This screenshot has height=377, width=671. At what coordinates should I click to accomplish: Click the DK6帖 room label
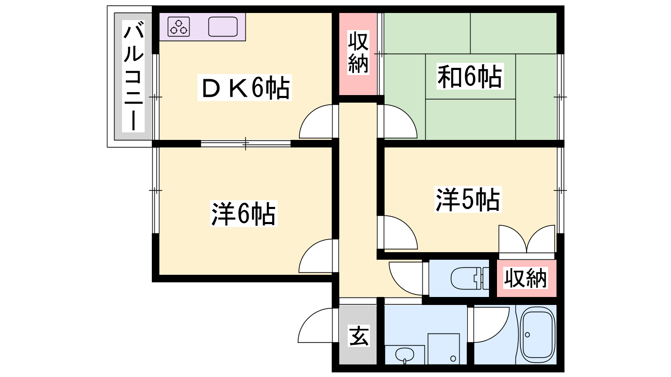click(x=245, y=88)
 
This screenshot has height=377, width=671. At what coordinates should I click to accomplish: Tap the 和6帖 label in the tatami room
click(x=470, y=76)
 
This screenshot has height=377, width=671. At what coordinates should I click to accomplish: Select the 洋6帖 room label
click(x=243, y=214)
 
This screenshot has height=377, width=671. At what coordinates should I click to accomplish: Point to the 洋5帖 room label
click(x=468, y=199)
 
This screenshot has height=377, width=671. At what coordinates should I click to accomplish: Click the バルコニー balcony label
click(x=133, y=76)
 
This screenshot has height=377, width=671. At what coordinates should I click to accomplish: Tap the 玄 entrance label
click(x=359, y=336)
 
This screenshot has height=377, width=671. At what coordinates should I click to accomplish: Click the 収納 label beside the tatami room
click(x=358, y=53)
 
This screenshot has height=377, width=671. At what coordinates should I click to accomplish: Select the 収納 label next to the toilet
click(x=525, y=278)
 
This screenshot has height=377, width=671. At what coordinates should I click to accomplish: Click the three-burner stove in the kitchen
click(x=179, y=27)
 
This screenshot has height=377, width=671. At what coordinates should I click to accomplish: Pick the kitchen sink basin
click(x=223, y=27)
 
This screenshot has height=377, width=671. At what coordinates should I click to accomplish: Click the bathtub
click(x=537, y=335)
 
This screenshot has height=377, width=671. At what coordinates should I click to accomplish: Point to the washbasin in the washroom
click(x=405, y=356)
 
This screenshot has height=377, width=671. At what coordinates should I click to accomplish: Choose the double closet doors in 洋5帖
click(x=527, y=239)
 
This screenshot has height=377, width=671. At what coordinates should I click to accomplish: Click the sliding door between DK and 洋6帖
click(x=246, y=144)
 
